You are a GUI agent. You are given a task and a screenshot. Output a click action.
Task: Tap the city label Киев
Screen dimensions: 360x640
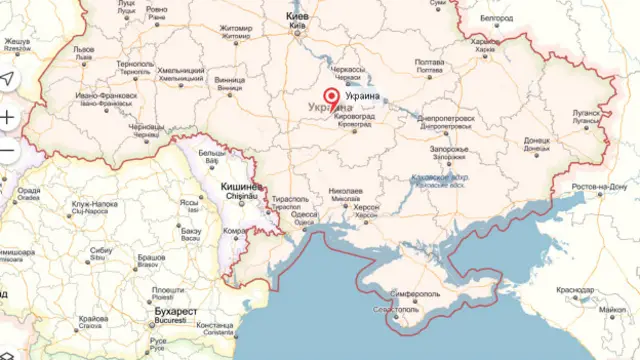(298, 18)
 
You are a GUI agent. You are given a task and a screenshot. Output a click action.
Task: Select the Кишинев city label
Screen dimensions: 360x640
(240, 187)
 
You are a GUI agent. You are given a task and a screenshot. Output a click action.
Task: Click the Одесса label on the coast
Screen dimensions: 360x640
(305, 215)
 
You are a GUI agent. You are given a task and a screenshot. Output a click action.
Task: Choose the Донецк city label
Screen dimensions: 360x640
(536, 141)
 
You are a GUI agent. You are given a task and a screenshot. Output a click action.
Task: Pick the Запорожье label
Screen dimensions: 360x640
(448, 149)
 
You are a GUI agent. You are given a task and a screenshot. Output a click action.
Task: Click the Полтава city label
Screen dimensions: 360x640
(429, 60)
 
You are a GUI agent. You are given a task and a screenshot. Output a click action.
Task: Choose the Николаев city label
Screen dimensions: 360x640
(345, 189)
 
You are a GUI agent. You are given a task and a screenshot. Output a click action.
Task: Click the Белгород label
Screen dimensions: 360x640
(496, 18)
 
